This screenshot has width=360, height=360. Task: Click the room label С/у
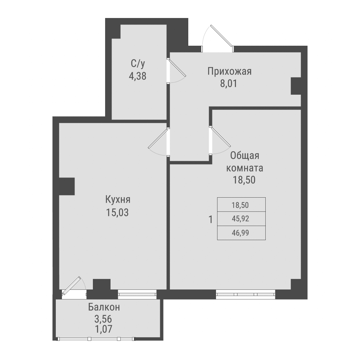click(x=138, y=64)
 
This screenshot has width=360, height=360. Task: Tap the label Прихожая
click(x=229, y=71)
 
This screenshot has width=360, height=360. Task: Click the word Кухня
click(x=118, y=200)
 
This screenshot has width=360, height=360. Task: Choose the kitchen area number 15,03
click(x=117, y=212)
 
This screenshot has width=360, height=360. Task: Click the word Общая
click(x=245, y=156)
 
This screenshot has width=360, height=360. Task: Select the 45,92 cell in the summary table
click(x=241, y=219)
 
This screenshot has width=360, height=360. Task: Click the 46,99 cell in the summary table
click(x=241, y=233)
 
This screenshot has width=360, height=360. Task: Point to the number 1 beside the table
click(x=211, y=219)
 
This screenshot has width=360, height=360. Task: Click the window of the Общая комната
click(x=246, y=294)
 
